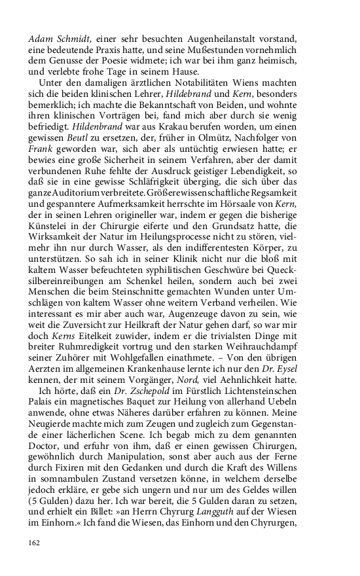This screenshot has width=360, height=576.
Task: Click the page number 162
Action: pyautogui.click(x=35, y=543)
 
